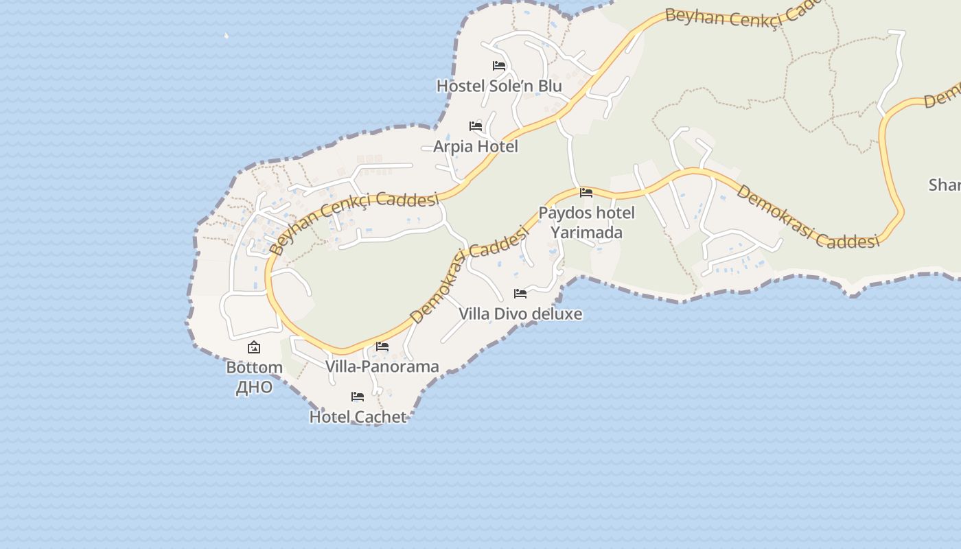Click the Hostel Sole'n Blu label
[499, 86]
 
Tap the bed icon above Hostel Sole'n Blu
[499, 66]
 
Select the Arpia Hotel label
[476, 147]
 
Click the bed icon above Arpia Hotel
[476, 126]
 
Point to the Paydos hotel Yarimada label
[586, 222]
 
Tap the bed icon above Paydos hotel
[586, 193]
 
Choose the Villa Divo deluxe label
[520, 314]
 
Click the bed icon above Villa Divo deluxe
[520, 294]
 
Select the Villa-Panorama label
[382, 366]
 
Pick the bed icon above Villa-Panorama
[382, 347]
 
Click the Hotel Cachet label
[358, 417]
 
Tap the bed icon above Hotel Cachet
[358, 397]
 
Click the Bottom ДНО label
[254, 377]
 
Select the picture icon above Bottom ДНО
[254, 348]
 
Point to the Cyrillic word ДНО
[254, 388]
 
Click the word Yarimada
[587, 233]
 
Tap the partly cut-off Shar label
[945, 185]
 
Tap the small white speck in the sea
[226, 35]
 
